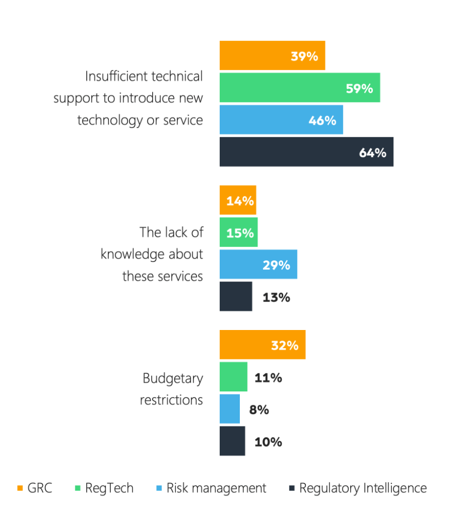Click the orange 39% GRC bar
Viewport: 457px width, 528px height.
point(272,56)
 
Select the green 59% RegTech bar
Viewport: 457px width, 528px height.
point(299,88)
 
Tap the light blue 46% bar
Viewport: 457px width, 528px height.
point(281,120)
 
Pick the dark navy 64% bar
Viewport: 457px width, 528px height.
point(306,152)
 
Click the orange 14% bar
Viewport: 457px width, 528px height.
point(237,200)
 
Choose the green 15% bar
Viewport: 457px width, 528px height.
point(238,232)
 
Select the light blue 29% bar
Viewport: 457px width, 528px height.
point(258,264)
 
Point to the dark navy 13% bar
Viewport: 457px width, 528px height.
point(236,296)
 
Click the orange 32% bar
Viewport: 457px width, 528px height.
point(262,344)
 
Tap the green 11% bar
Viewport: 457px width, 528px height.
point(233,376)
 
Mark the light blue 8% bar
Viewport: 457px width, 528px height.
point(230,409)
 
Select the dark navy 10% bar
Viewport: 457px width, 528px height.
point(232,441)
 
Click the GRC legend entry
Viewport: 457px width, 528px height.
point(35,488)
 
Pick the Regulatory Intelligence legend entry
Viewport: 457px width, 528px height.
point(358,488)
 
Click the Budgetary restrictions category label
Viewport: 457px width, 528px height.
point(172,389)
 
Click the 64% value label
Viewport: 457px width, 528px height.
point(372,153)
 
